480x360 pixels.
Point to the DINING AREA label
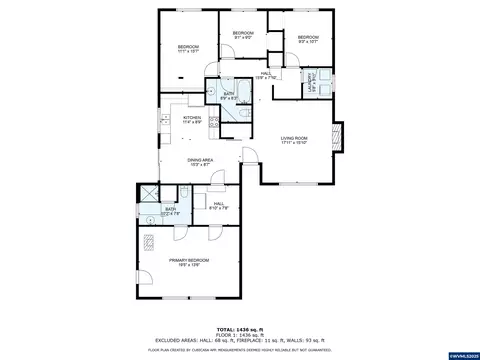pyautogui.click(x=200, y=160)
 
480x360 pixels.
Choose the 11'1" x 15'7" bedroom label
pyautogui.click(x=188, y=50)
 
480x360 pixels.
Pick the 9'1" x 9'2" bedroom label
pyautogui.click(x=243, y=36)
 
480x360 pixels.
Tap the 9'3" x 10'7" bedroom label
pyautogui.click(x=306, y=39)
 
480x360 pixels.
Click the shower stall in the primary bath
pyautogui.click(x=146, y=195)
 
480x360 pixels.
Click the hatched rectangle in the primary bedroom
pyautogui.click(x=150, y=241)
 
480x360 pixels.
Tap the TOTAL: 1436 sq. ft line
pyautogui.click(x=240, y=329)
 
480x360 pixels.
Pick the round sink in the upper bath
pyautogui.click(x=212, y=88)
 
